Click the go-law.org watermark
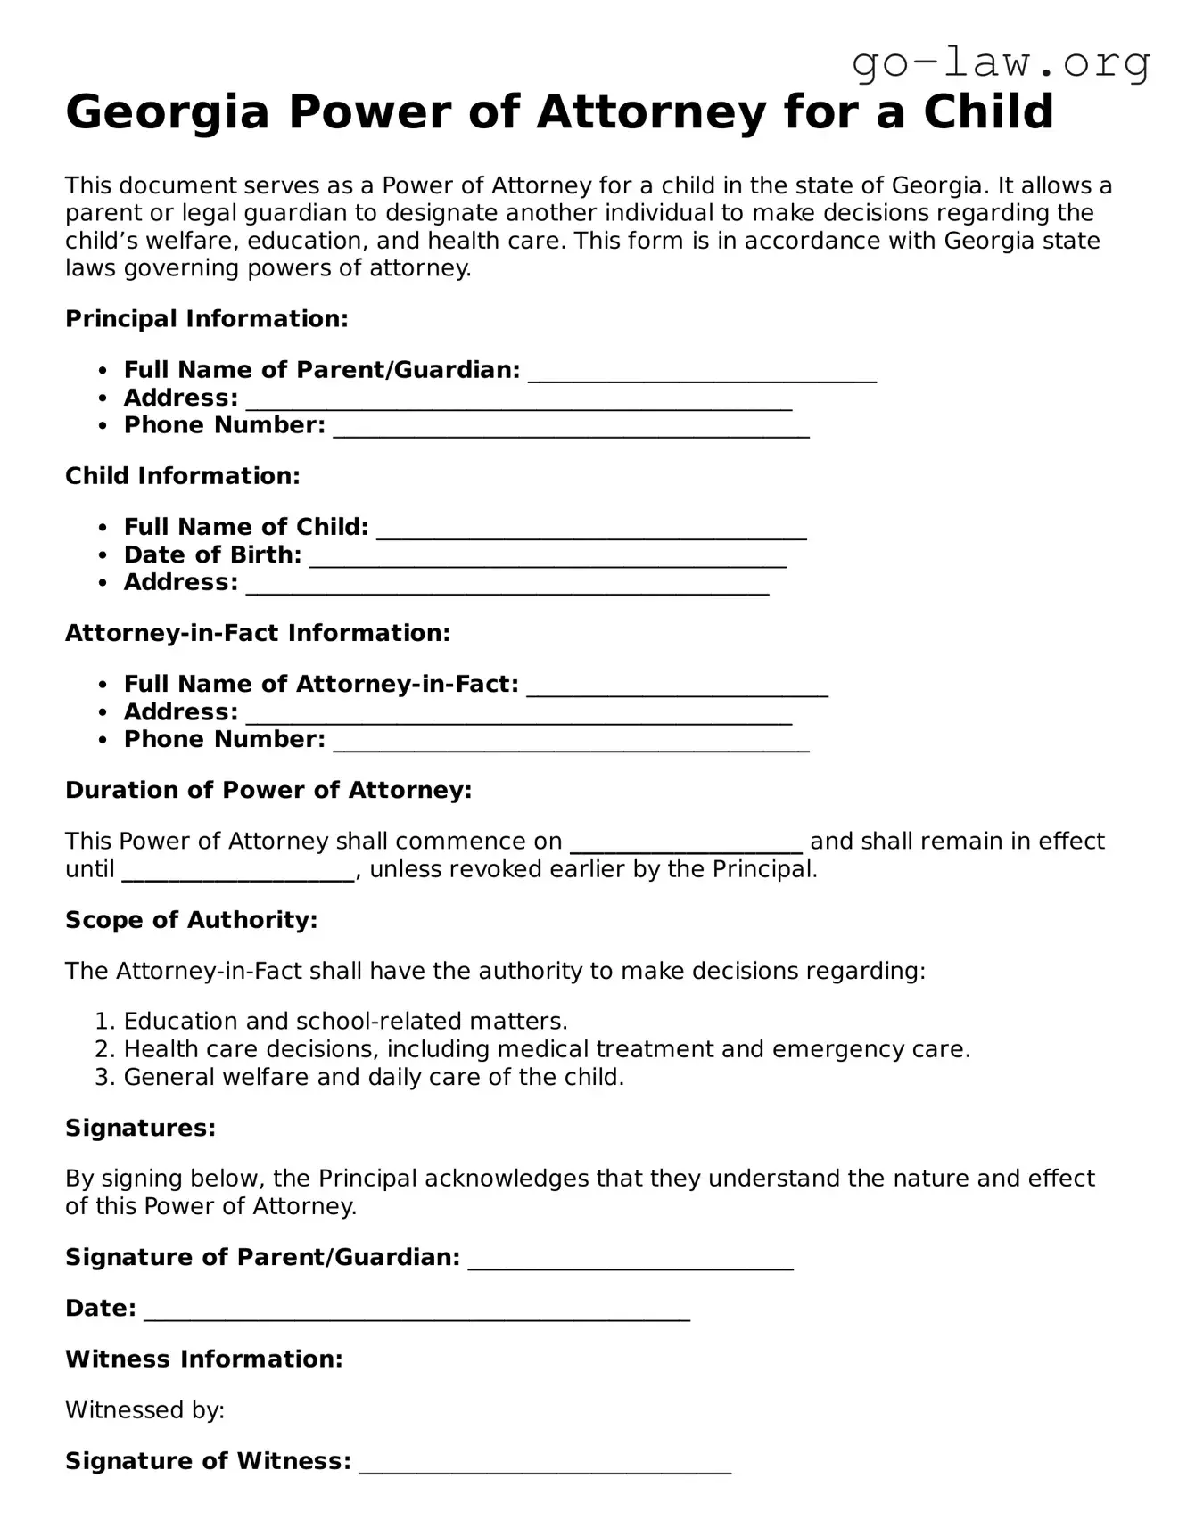pyautogui.click(x=1001, y=64)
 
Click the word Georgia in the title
pyautogui.click(x=168, y=113)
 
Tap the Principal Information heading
pyautogui.click(x=206, y=319)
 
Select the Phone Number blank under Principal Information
pyautogui.click(x=571, y=430)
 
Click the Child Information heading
pyautogui.click(x=183, y=476)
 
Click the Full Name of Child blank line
pyautogui.click(x=591, y=531)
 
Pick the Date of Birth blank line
pyautogui.click(x=548, y=559)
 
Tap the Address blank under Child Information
pyautogui.click(x=507, y=587)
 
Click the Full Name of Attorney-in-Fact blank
pyautogui.click(x=677, y=688)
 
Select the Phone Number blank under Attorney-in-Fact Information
pyautogui.click(x=571, y=743)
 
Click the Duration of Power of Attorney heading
pyautogui.click(x=268, y=791)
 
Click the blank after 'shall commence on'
pyautogui.click(x=686, y=845)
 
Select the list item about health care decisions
pyautogui.click(x=546, y=1049)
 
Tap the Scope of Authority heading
pyautogui.click(x=192, y=920)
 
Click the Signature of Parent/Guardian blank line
pyautogui.click(x=630, y=1261)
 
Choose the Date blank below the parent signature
pyautogui.click(x=416, y=1312)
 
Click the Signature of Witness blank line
pyautogui.click(x=545, y=1466)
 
